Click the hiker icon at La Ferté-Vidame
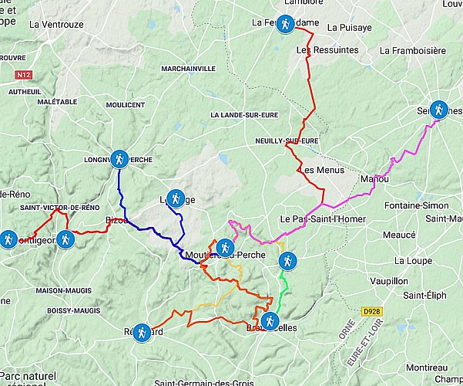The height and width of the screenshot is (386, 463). [x=285, y=25]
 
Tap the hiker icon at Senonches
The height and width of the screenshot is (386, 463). [x=438, y=110]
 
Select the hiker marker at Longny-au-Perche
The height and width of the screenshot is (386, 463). [x=119, y=159]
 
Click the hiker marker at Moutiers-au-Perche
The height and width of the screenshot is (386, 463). [x=224, y=248]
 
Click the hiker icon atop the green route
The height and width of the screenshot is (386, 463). [x=287, y=261]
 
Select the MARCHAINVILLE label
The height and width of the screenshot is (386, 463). [x=189, y=69]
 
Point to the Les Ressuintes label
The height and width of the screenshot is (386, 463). [x=327, y=50]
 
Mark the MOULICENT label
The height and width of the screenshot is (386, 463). [x=126, y=105]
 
